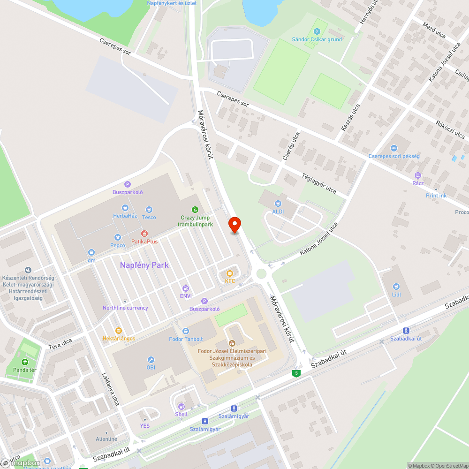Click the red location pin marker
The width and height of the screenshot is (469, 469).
point(234,225)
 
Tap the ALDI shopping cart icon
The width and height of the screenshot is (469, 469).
point(278,204)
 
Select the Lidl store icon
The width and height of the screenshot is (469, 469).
point(397,286)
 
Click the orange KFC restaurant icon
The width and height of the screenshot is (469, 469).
point(229,273)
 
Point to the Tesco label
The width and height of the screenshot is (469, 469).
point(149,217)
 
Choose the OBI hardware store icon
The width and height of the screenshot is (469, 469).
point(151,358)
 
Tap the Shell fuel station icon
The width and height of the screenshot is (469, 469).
point(181,406)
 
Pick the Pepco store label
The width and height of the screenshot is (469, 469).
point(117,245)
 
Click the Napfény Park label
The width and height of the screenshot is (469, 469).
point(144,265)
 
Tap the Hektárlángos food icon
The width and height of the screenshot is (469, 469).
point(119,330)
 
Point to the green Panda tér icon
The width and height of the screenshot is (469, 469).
point(24,362)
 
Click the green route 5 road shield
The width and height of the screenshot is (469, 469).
point(296,373)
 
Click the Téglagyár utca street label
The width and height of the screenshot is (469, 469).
point(318,183)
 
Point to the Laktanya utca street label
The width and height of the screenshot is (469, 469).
point(111,389)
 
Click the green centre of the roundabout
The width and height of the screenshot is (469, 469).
point(261,273)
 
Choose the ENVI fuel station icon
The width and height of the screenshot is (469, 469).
point(186,288)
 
